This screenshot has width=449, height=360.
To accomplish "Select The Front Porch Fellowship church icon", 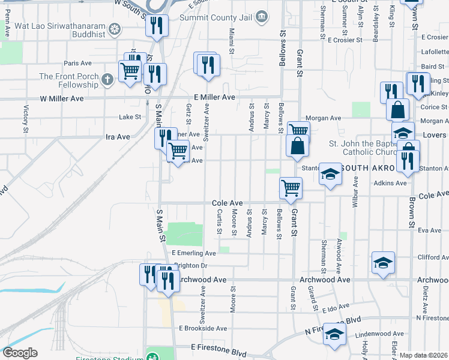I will coord(107,79).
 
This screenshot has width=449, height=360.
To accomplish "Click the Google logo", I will coord(20,353).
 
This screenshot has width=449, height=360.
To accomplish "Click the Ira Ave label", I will coord(118,137).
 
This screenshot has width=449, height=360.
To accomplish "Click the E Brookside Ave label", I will coord(203,328).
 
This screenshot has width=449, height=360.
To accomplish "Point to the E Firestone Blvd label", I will coord(218,347).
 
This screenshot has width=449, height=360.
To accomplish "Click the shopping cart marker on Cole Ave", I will coord(291,188).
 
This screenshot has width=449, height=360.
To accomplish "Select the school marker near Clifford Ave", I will coord(383,263).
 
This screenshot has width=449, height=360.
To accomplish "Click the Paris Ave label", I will coord(77,63).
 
